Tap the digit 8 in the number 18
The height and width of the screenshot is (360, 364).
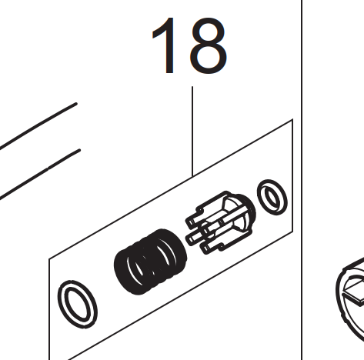tap(208, 45)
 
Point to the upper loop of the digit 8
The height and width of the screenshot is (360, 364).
tap(208, 32)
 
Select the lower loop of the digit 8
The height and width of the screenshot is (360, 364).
tap(208, 58)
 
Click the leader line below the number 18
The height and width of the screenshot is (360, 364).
tap(192, 132)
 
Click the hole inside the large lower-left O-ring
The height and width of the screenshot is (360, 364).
tap(78, 304)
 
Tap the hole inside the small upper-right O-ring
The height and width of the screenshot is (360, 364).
tap(272, 198)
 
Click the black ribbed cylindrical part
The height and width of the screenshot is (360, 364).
tap(150, 262)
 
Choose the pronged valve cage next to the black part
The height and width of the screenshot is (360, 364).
tap(221, 222)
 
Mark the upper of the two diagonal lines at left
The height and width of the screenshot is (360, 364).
tap(38, 125)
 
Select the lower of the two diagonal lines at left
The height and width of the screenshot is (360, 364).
tap(40, 174)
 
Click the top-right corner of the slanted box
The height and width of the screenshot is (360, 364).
tap(292, 119)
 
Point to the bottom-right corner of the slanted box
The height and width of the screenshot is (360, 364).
tap(292, 232)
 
